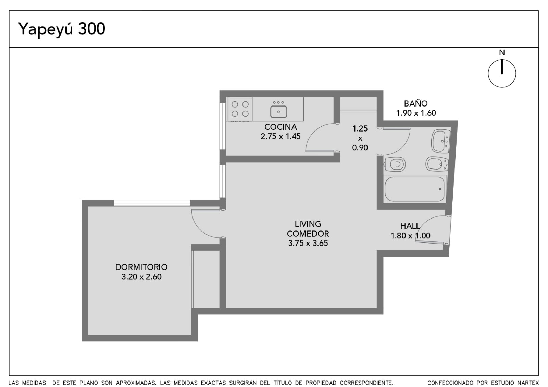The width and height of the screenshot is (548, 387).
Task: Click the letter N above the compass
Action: pos(502,52)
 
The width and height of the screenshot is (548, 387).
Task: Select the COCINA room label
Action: pos(281,127)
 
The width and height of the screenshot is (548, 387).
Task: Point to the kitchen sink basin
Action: pos(278,112)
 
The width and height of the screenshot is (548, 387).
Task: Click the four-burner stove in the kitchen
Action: pos(240,109)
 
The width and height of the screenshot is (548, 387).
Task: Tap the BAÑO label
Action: pos(416,103)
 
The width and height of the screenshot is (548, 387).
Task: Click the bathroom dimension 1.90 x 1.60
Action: pos(416,113)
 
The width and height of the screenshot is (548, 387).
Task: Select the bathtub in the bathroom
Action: pos(415,189)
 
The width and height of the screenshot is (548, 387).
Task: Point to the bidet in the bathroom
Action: pos(437,164)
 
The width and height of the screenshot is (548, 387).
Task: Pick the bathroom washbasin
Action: pos(441,141)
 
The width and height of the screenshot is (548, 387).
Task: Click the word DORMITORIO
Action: pos(141,267)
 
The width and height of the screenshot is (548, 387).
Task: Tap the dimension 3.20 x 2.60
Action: pos(141,277)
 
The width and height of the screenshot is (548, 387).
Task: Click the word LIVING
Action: pos(308,224)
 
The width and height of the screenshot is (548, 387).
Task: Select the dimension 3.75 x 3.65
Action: pos(308,243)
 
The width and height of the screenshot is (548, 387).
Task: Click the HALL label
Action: pos(410,226)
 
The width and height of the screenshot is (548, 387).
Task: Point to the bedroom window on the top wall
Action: pos(152,203)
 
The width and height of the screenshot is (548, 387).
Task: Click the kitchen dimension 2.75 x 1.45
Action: pos(281,137)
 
